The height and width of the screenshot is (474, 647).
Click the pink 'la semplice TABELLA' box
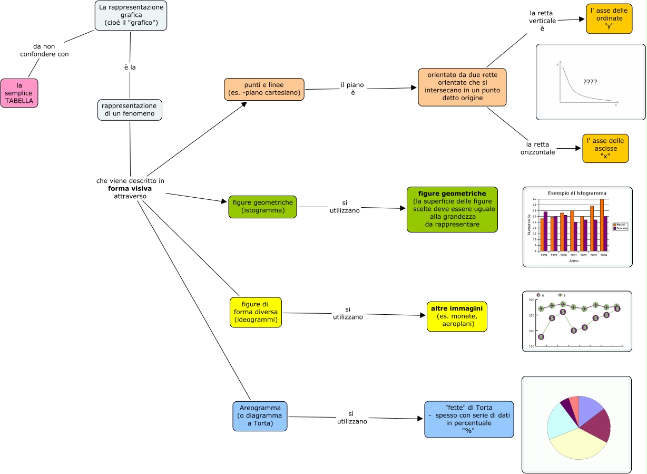[x=19, y=93]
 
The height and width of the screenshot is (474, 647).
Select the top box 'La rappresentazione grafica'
[x=131, y=15]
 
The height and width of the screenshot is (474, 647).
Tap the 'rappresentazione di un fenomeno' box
[x=130, y=110]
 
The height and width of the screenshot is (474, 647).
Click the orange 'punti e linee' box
[x=264, y=90]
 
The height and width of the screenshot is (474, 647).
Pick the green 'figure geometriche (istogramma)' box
[x=262, y=207]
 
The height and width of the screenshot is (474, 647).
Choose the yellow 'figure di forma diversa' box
[x=256, y=312]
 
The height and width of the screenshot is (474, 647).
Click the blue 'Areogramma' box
[x=260, y=416]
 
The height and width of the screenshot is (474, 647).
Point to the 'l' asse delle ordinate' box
[x=609, y=18]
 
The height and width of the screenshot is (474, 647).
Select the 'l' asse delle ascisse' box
[x=605, y=148]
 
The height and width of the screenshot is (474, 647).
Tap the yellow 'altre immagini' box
[x=457, y=316]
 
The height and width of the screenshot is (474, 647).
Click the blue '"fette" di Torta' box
[x=469, y=419]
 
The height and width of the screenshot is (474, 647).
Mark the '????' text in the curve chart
[x=590, y=82]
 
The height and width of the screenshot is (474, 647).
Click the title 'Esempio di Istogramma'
[x=577, y=193]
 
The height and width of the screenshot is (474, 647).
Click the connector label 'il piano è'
[x=353, y=89]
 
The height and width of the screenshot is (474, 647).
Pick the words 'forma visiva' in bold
[x=130, y=188]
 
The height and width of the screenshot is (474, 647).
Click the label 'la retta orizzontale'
[x=537, y=148]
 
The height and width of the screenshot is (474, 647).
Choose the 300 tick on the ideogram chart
[x=531, y=299]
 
